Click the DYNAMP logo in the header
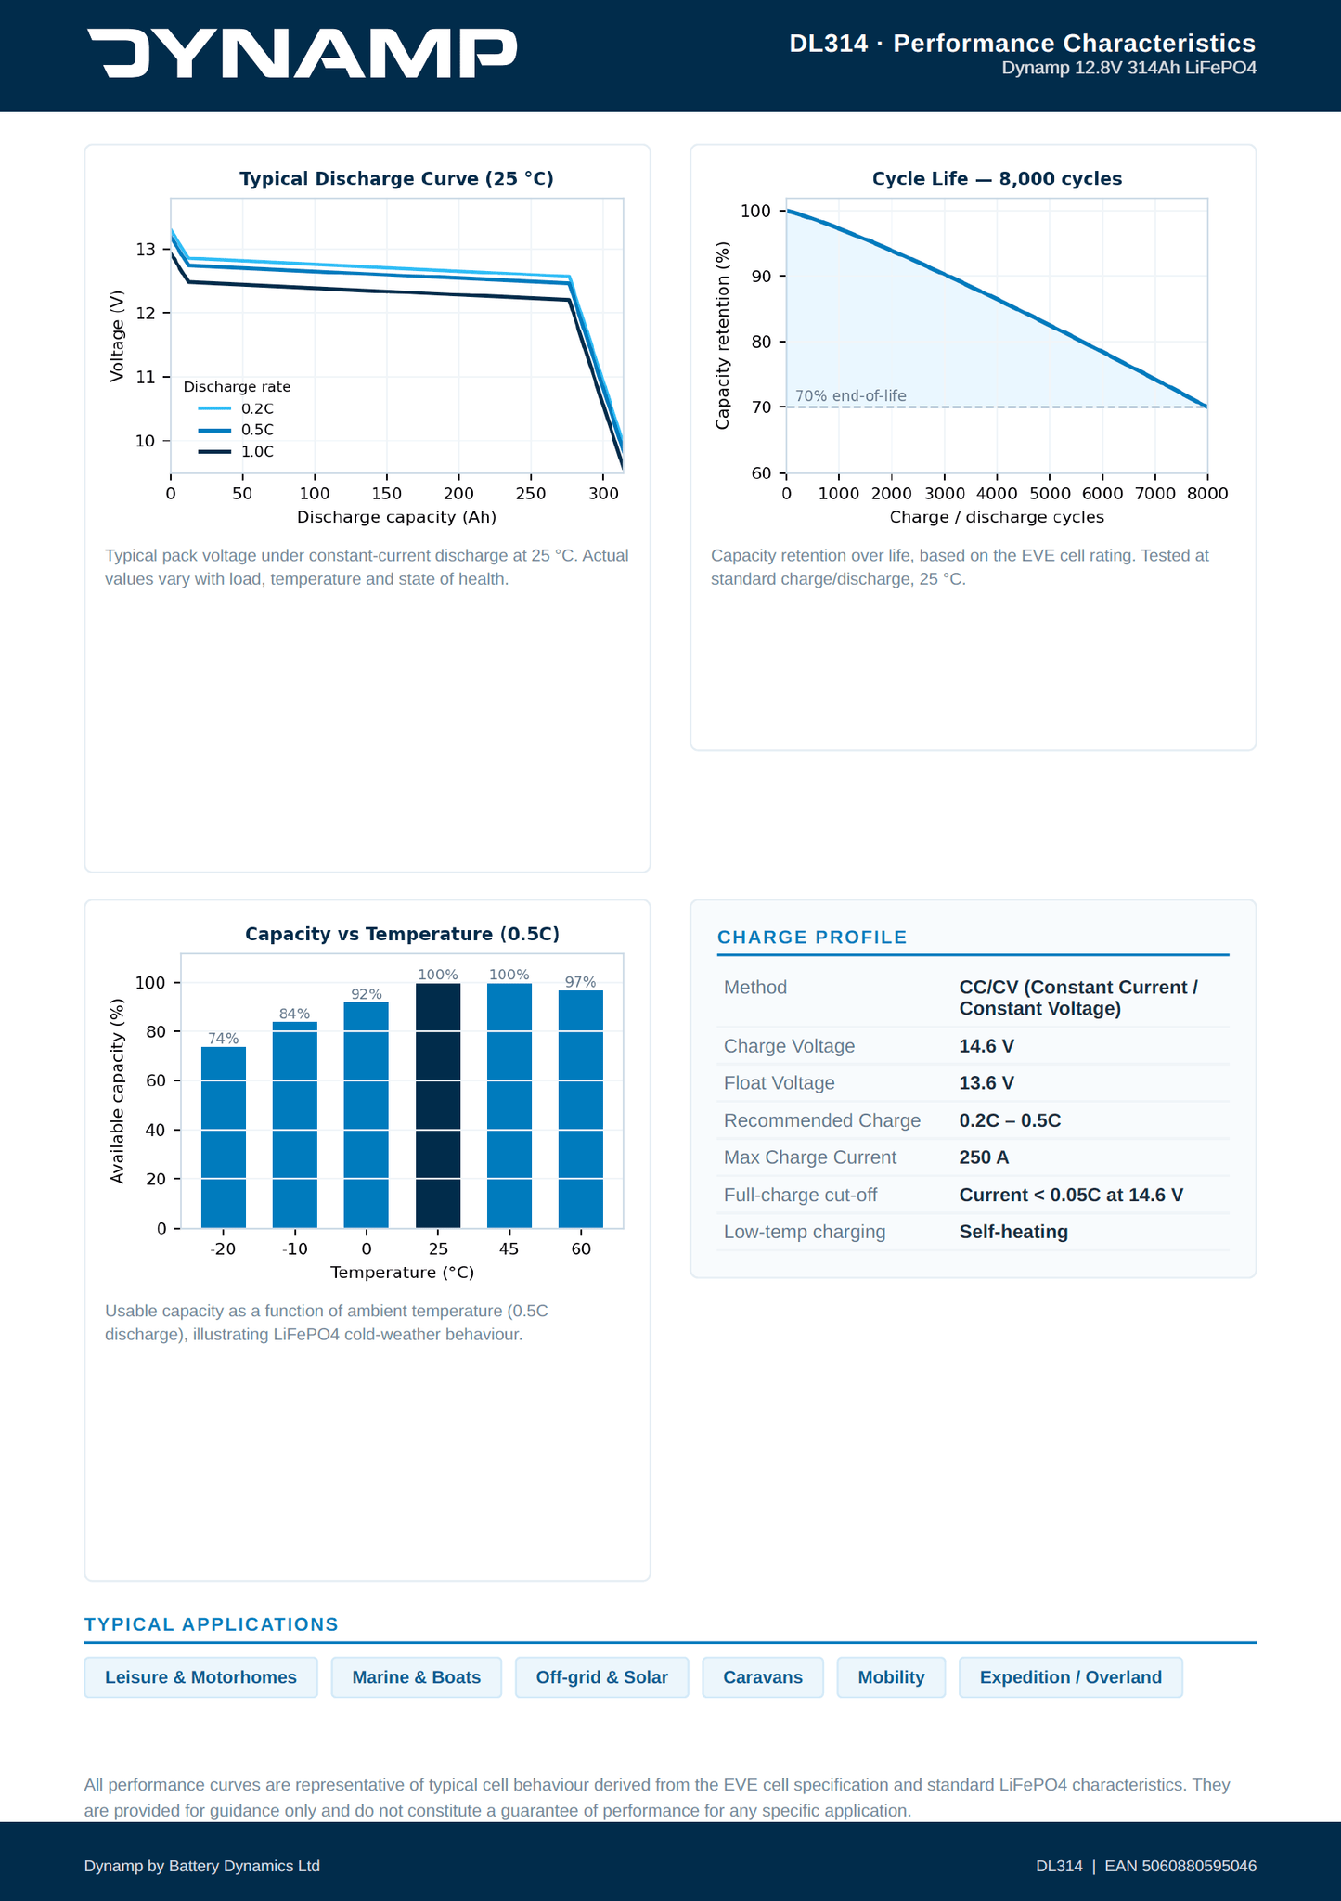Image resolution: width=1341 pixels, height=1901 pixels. coord(303,53)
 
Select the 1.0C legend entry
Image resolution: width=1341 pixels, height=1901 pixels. coord(236,452)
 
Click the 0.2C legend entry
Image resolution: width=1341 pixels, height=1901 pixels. coord(236,408)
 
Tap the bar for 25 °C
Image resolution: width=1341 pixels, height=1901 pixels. coord(438,1106)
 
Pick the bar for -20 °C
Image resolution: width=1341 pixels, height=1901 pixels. coord(224,1137)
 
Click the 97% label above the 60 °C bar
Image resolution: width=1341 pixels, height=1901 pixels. coord(581,982)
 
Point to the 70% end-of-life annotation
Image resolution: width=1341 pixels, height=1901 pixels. coord(851,396)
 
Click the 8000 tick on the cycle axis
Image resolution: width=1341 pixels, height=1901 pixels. coord(1207,494)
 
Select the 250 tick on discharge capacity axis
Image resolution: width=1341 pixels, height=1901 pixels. coord(531,494)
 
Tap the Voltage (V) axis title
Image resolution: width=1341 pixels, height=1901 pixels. coord(117,336)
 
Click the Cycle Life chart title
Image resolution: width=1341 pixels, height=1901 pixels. coord(997,178)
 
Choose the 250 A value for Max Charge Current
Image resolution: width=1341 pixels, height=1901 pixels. coord(984,1157)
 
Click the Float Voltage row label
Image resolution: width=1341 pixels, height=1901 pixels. coord(779,1083)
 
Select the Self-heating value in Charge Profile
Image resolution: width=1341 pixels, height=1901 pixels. coord(1013,1232)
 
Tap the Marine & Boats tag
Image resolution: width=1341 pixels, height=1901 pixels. coord(417,1677)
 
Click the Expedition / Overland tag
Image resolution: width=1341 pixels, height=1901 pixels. coord(1071,1677)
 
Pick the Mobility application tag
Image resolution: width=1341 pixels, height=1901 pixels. coord(891,1677)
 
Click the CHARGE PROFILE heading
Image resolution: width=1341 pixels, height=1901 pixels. coord(812,938)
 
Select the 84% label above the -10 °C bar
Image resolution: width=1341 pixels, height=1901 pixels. coord(295,1014)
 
